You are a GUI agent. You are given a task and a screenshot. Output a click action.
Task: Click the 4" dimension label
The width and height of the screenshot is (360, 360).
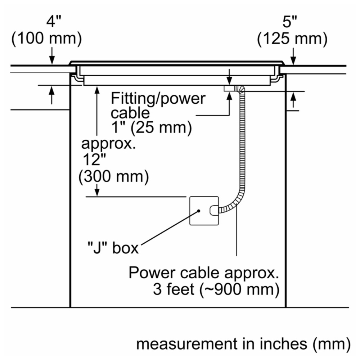[x=54, y=22]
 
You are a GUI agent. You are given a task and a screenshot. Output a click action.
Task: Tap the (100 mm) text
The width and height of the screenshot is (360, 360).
[x=46, y=38]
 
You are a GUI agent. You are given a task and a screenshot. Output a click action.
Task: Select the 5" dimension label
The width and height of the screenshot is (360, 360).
[x=289, y=22]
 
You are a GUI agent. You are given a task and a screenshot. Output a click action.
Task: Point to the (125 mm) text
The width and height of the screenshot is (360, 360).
[x=292, y=38]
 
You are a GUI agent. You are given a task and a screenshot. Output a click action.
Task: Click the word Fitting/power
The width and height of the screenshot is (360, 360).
[x=158, y=99]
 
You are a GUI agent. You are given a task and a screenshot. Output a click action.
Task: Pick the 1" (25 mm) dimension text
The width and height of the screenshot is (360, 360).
[x=152, y=127]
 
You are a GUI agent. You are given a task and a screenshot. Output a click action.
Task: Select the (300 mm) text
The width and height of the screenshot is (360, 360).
[x=114, y=176]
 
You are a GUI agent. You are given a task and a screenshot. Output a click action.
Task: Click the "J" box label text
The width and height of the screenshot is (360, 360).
[x=113, y=248]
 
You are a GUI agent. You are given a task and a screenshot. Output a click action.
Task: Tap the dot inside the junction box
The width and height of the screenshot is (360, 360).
[x=199, y=211]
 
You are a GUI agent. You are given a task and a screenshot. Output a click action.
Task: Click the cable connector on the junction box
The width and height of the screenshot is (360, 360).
[x=214, y=210]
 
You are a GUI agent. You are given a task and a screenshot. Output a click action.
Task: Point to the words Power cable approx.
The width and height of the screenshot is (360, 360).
[x=204, y=273]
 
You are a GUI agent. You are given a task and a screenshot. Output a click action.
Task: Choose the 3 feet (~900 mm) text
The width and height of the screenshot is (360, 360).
[x=216, y=289]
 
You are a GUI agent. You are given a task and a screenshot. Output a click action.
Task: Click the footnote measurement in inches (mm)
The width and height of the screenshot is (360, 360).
[x=243, y=344]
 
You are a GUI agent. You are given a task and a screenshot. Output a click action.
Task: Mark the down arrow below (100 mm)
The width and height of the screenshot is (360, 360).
[x=52, y=56]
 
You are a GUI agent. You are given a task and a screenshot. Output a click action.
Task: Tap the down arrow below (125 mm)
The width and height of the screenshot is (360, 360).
[x=293, y=57]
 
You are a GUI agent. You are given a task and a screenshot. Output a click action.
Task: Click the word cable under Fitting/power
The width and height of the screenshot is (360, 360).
[x=130, y=113]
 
